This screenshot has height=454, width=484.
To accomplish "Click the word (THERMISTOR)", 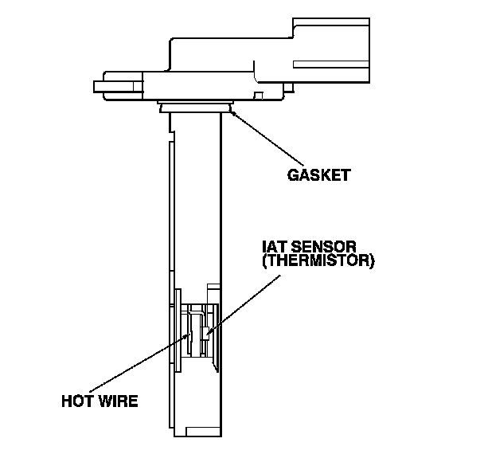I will [317, 260].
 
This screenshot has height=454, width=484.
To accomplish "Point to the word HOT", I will [78, 401].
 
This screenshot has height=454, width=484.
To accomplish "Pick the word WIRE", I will [118, 401].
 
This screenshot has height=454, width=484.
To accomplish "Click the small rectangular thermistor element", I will [205, 333].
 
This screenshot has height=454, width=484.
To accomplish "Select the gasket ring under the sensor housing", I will [195, 106].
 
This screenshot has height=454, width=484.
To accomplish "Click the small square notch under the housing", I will [259, 97].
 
